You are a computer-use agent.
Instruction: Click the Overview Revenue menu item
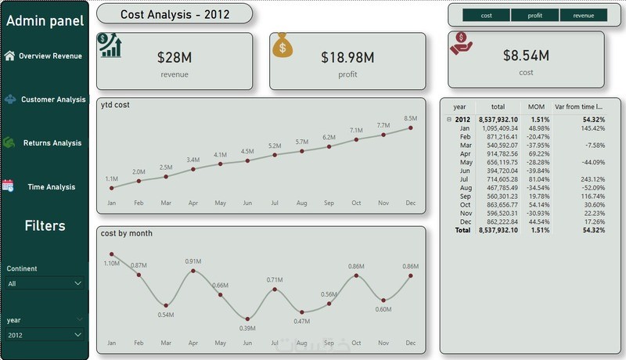pos(50,56)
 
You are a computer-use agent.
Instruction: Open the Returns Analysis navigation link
pos(52,143)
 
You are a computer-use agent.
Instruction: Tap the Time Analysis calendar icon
pos(9,185)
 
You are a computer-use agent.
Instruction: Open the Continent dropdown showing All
pos(45,283)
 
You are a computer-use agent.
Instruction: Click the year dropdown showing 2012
pos(45,335)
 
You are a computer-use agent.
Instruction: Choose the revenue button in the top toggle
pos(583,15)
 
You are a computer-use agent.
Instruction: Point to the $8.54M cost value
pos(526,55)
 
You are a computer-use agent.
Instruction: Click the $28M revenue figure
pos(174,57)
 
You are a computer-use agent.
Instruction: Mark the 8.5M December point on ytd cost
pos(411,128)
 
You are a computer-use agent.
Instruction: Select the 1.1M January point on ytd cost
pos(112,188)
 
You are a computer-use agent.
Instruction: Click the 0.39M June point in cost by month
pos(247,319)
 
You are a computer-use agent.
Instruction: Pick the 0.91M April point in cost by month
pos(193,271)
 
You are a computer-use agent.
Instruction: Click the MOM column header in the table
pos(536,106)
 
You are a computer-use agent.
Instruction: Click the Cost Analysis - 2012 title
pos(174,14)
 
